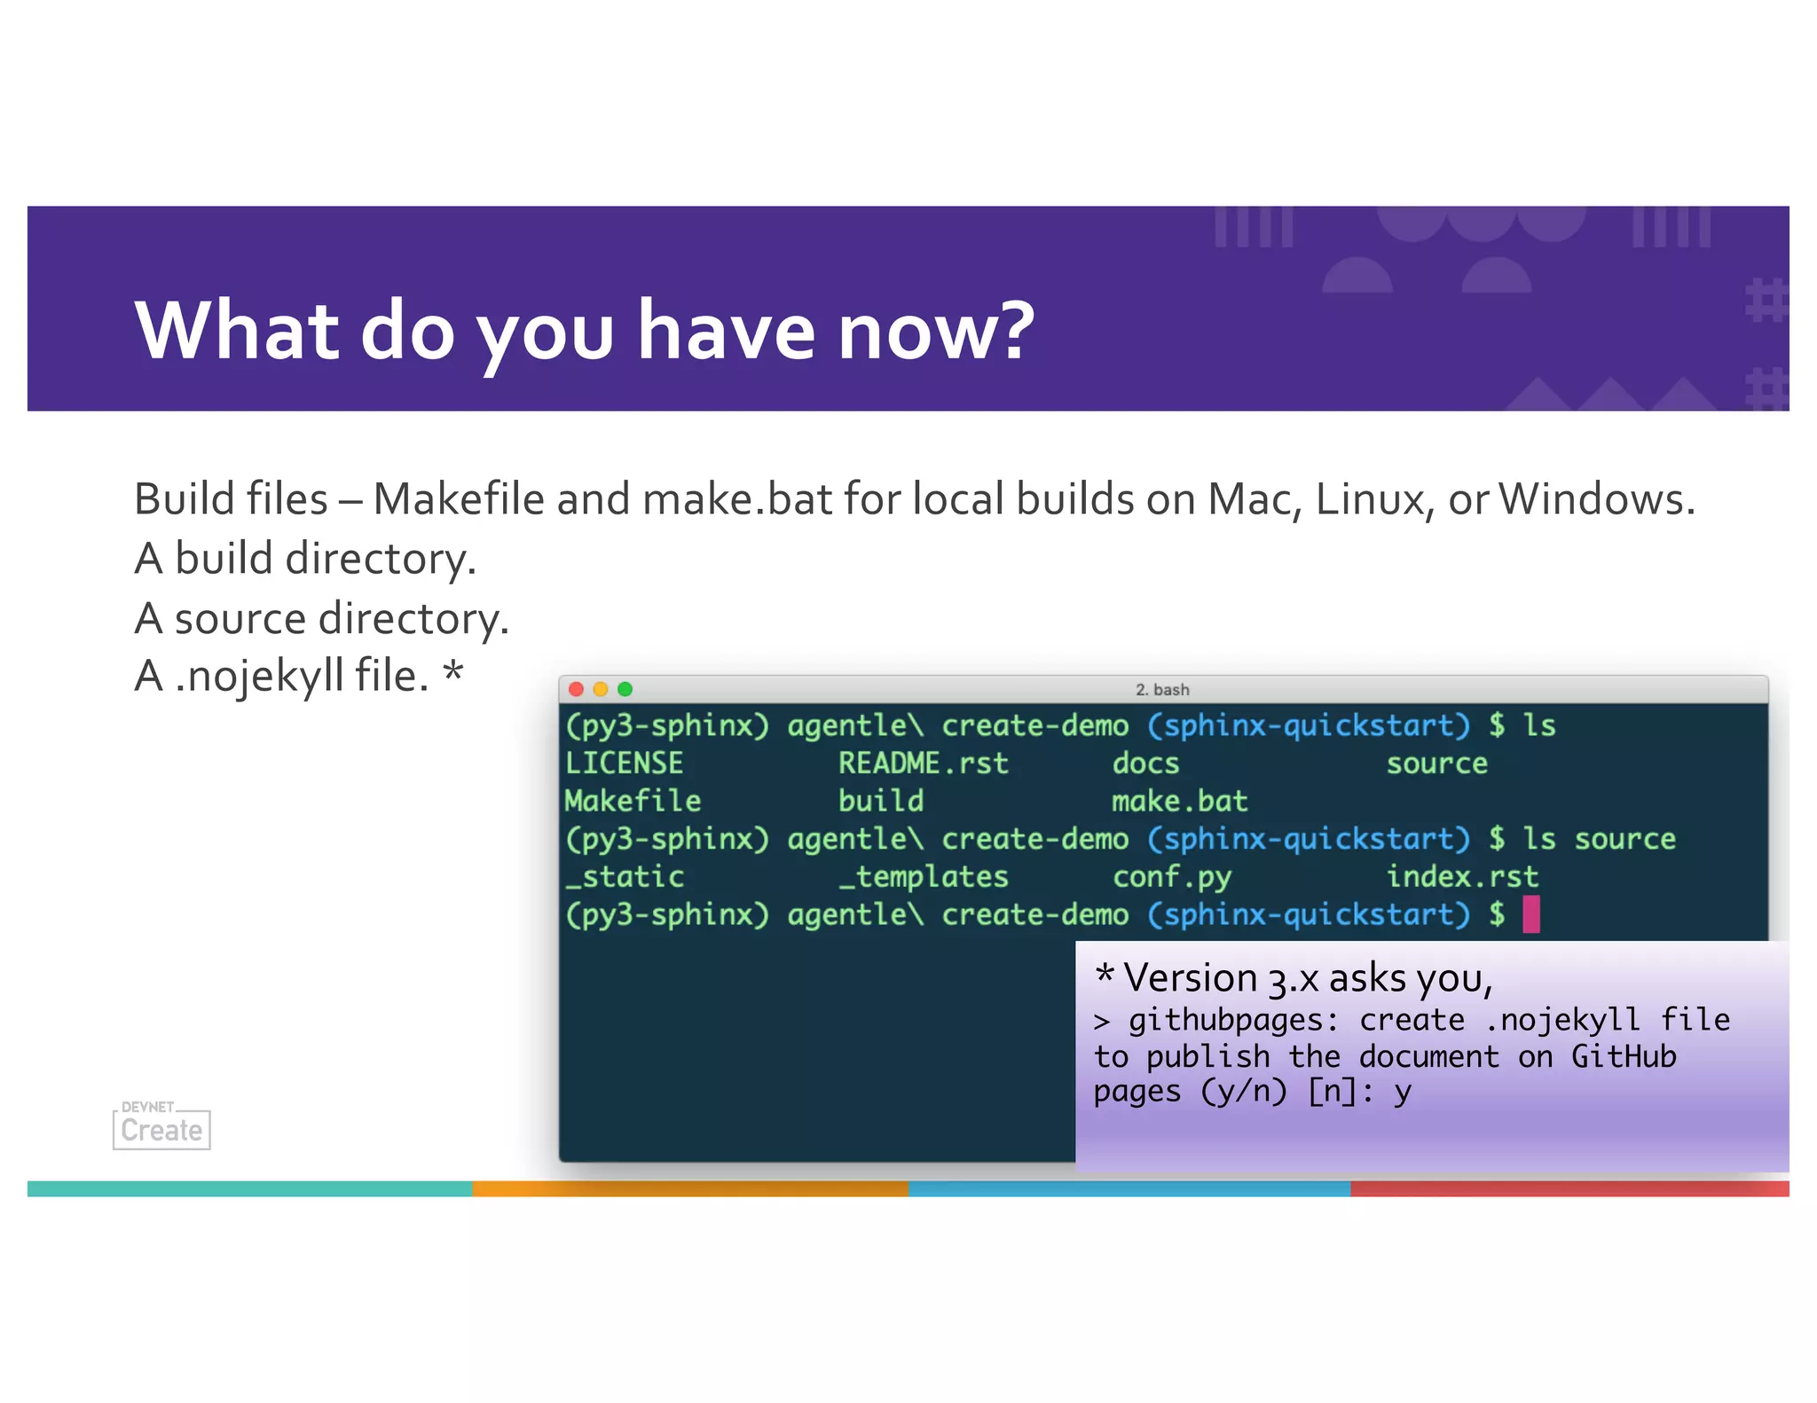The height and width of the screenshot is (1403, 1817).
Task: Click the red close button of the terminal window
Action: (x=576, y=689)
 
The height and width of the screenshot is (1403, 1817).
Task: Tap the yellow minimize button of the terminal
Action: (x=601, y=689)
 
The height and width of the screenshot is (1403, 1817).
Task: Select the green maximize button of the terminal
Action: (x=625, y=689)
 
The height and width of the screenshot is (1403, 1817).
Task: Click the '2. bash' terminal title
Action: (x=1162, y=690)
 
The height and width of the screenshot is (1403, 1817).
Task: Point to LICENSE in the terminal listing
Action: (x=624, y=764)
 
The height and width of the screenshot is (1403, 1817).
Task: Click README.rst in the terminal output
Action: (x=924, y=764)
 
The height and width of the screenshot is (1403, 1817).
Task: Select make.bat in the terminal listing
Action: (x=1179, y=802)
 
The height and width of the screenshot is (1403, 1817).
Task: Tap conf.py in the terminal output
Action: (x=1172, y=877)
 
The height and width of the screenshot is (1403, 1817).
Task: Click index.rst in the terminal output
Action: (x=1461, y=877)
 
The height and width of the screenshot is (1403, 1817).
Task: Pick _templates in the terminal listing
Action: (x=924, y=877)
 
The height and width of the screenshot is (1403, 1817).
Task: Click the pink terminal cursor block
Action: (x=1531, y=914)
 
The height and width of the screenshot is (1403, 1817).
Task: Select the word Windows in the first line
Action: (x=1596, y=499)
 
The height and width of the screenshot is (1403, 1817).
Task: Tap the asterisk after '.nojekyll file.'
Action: (x=453, y=671)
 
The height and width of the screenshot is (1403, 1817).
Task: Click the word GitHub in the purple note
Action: (x=1624, y=1057)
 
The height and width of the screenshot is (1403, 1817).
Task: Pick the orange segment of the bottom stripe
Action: (x=690, y=1188)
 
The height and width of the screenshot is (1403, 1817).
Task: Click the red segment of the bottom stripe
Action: (x=1569, y=1188)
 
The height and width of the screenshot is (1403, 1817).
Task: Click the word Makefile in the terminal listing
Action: (x=633, y=802)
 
